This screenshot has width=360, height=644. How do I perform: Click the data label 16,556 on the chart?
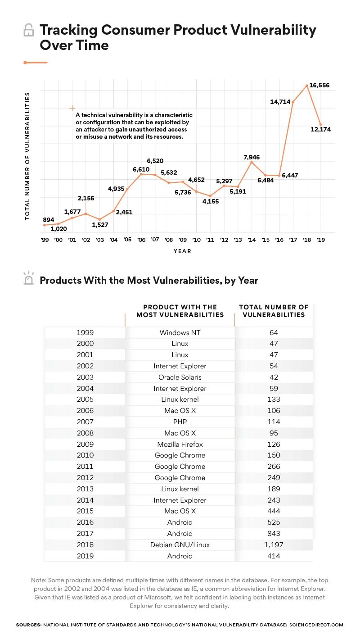[x=320, y=85]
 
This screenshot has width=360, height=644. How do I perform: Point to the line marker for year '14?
[x=252, y=162]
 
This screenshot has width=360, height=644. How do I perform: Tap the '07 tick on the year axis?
[x=155, y=240]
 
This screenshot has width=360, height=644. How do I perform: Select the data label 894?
[x=48, y=220]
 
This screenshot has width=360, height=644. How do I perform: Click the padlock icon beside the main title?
[x=28, y=31]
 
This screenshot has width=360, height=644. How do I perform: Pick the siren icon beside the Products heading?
[x=28, y=279]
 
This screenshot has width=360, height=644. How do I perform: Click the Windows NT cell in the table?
[x=180, y=333]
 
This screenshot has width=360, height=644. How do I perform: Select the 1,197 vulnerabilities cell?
[x=273, y=545]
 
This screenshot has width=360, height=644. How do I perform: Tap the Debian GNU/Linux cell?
[x=180, y=545]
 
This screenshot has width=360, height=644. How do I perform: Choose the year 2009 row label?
[x=85, y=444]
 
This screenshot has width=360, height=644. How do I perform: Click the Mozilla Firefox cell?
[x=180, y=444]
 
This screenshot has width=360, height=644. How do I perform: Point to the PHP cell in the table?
[x=180, y=422]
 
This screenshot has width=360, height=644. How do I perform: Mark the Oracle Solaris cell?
[x=180, y=377]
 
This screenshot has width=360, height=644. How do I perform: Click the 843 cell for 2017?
[x=273, y=534]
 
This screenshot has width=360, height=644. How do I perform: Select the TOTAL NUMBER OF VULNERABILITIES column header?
[x=273, y=311]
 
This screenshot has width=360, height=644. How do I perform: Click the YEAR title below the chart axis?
[x=182, y=251]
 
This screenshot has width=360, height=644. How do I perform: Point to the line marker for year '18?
[x=307, y=86]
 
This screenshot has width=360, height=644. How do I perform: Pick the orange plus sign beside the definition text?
[x=72, y=108]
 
